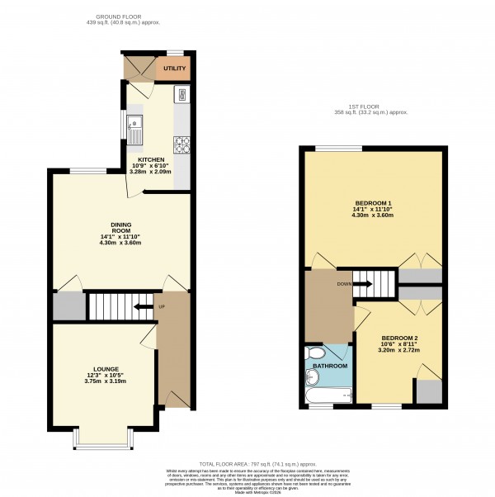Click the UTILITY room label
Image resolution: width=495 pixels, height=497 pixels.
click(174, 68)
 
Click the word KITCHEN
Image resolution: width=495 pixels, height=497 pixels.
click(151, 159)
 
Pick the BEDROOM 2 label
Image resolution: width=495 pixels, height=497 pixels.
click(399, 338)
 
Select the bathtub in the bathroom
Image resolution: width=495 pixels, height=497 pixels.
click(327, 395)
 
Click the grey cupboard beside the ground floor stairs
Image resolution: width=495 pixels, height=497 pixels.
click(68, 305)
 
